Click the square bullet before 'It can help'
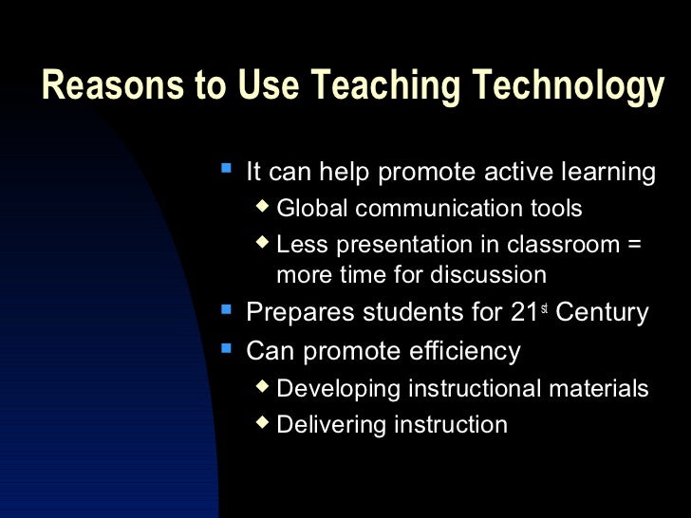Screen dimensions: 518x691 (226, 169)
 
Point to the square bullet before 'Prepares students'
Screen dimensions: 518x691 (226, 308)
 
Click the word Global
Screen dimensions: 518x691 (310, 209)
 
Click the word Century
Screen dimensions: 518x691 (602, 312)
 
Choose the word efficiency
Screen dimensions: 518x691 (465, 351)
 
